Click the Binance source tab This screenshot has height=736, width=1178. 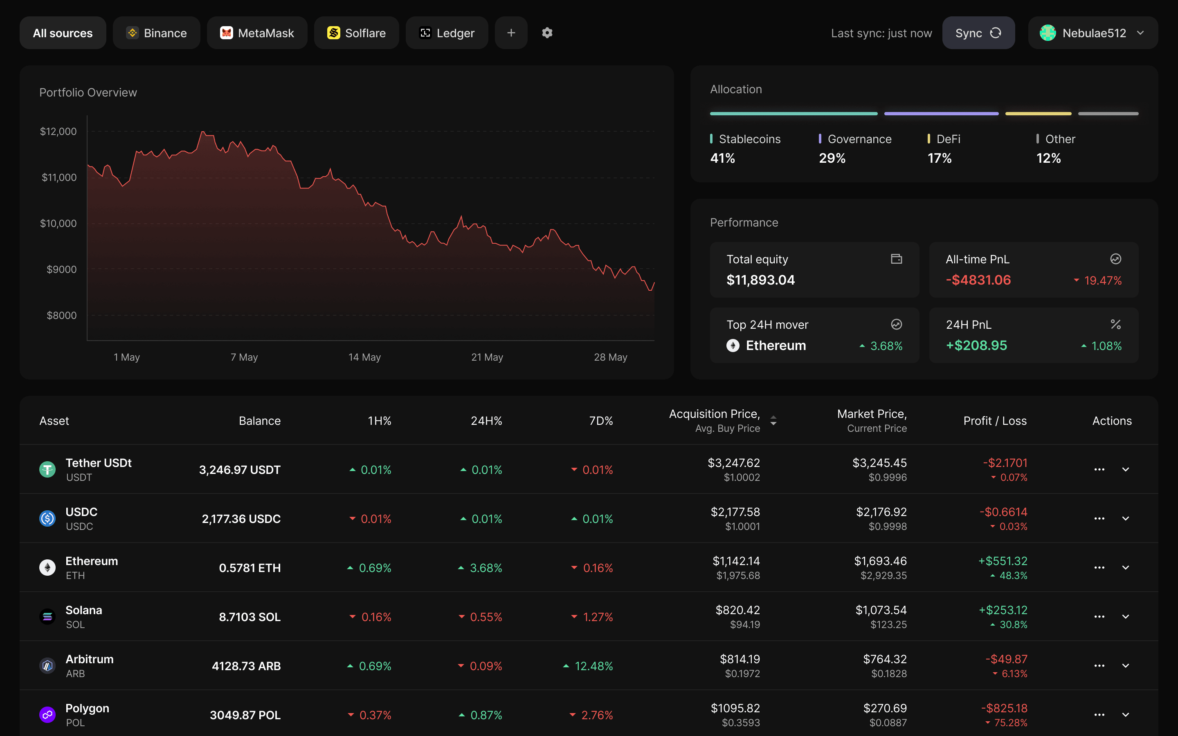point(156,33)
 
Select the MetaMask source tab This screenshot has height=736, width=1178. point(257,33)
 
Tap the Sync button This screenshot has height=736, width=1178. point(978,33)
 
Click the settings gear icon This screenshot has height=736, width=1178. point(547,33)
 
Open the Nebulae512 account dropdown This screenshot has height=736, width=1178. point(1093,33)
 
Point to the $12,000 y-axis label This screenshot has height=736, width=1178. point(58,131)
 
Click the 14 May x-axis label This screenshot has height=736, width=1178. point(364,357)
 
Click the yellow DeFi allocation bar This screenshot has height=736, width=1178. point(1038,113)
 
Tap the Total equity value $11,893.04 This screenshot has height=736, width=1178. point(760,280)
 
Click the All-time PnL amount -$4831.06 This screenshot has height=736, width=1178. point(978,280)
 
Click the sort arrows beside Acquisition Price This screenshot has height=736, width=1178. point(773,421)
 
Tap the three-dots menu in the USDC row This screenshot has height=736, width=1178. point(1099,518)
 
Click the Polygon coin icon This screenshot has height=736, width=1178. point(47,715)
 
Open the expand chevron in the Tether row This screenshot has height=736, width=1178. point(1125,469)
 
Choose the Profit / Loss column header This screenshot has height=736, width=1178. point(995,421)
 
